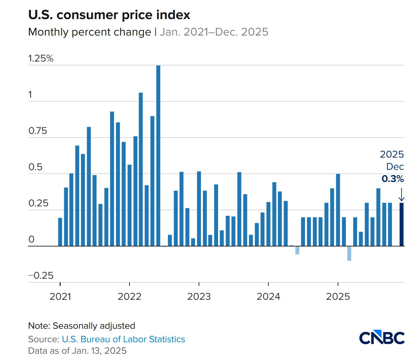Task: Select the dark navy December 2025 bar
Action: point(402,224)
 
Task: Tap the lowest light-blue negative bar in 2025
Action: point(349,253)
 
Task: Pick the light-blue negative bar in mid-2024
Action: point(297,250)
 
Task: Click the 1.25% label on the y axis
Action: point(41,59)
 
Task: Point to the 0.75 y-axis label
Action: point(38,131)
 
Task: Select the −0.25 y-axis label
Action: point(41,276)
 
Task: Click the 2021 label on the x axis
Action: point(60,296)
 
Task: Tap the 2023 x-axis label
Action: point(199,296)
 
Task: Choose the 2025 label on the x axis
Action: point(338,296)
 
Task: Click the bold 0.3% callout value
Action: point(393,179)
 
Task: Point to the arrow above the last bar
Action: point(402,194)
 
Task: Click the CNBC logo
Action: point(382,338)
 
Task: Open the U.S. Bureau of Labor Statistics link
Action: point(124,339)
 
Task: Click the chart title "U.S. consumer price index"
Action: point(109,15)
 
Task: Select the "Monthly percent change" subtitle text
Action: point(90,32)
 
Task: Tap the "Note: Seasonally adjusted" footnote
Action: point(82,326)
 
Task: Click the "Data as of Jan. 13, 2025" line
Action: point(77,351)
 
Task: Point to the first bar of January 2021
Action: point(60,232)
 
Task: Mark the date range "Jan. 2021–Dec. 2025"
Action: point(214,32)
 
